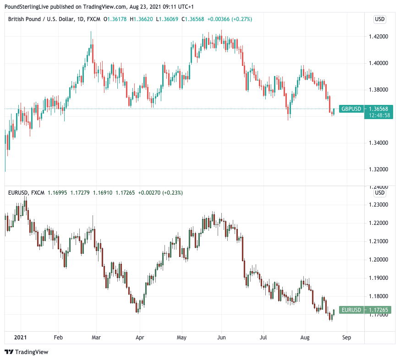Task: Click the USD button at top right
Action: tap(380, 19)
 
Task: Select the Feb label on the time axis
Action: tap(58, 337)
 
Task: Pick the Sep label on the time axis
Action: tap(346, 337)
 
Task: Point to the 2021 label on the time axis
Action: tap(21, 337)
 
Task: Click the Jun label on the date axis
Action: tap(222, 337)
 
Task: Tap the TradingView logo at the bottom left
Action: tap(27, 352)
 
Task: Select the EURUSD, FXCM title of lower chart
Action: tap(26, 193)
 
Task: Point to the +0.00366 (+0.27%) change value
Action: tap(230, 19)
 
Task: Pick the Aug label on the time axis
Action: tap(305, 337)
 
